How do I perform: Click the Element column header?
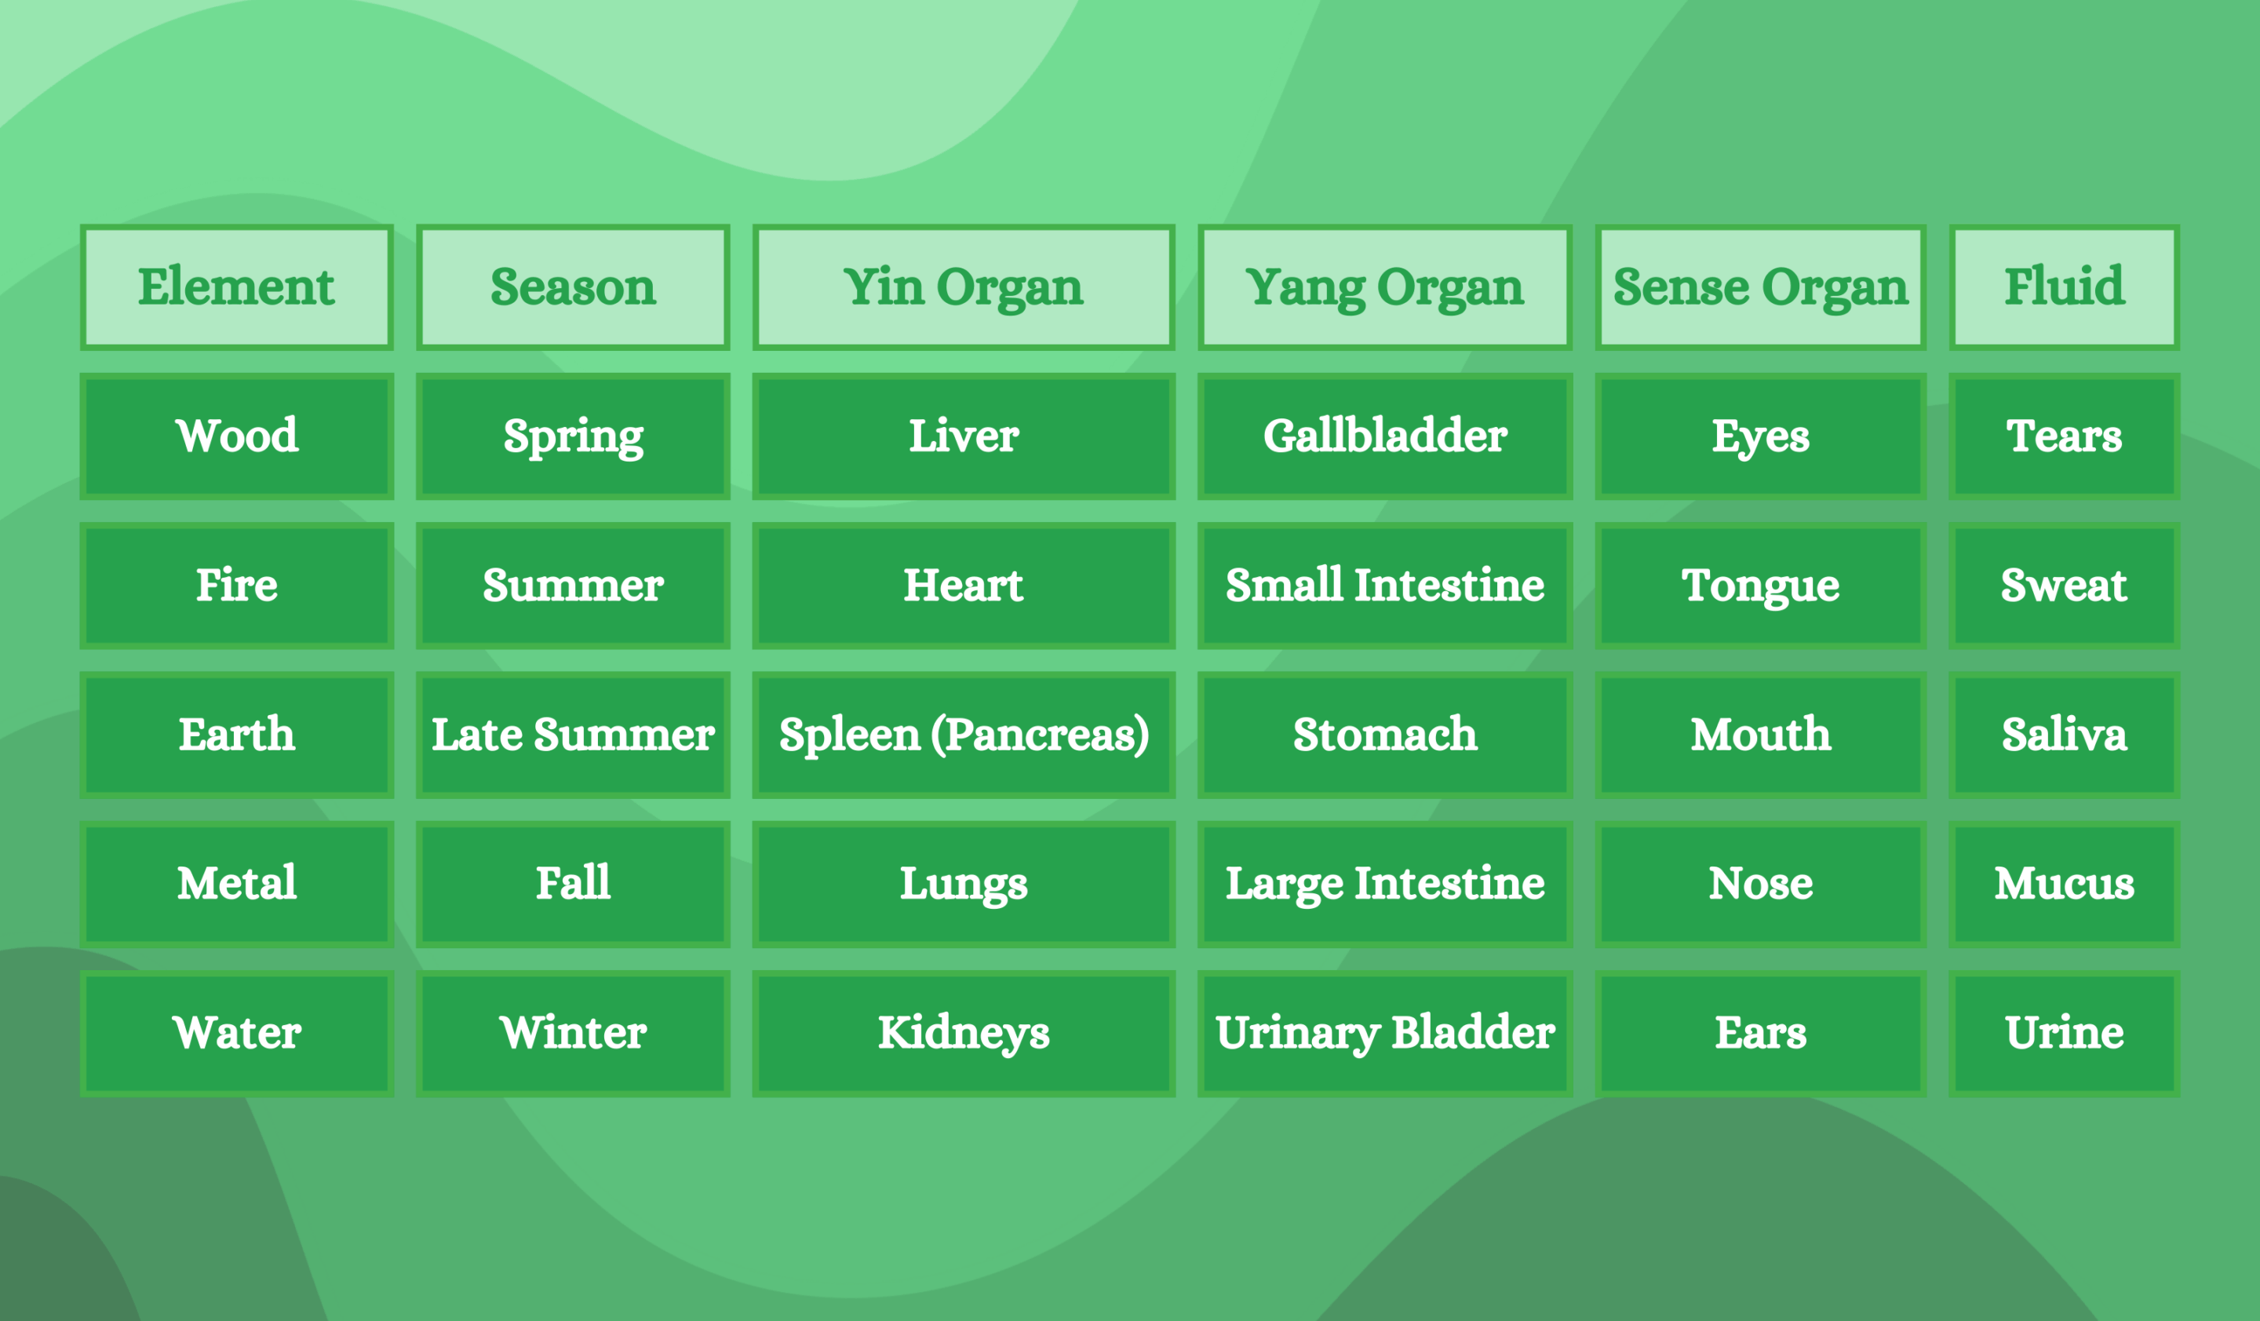click(x=237, y=287)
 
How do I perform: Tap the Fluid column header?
click(x=2065, y=287)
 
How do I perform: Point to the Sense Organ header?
click(x=1760, y=287)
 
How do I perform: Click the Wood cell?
click(x=237, y=436)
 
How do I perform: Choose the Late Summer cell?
click(x=573, y=735)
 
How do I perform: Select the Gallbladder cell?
click(x=1385, y=436)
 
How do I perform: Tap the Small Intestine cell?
click(x=1385, y=586)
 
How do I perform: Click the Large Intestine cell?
click(x=1385, y=883)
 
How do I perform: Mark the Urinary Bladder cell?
click(x=1385, y=1033)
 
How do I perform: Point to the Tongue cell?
click(x=1760, y=586)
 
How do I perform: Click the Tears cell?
click(x=2065, y=436)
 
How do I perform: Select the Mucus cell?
click(x=2065, y=883)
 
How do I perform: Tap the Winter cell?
click(x=573, y=1033)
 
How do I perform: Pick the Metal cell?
click(x=237, y=883)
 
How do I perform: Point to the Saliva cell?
click(x=2065, y=735)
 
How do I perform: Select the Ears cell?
click(x=1760, y=1033)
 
